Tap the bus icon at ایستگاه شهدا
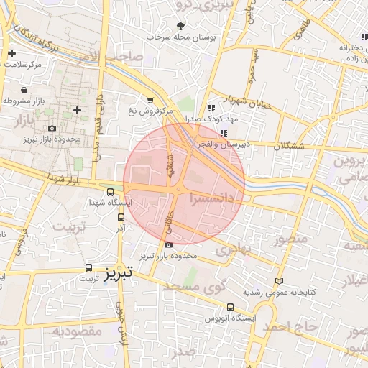click(110, 193)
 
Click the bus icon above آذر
click(121, 216)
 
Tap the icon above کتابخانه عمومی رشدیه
click(279, 281)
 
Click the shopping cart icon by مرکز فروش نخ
click(150, 101)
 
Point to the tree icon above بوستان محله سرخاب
click(179, 26)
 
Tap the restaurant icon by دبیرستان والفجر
click(224, 132)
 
